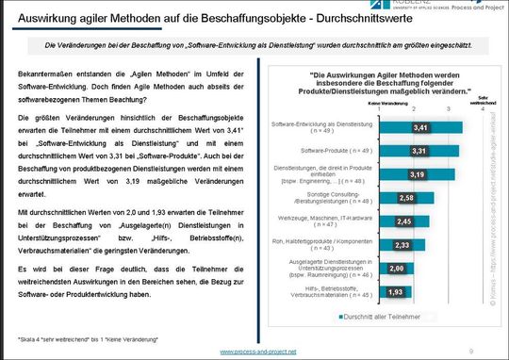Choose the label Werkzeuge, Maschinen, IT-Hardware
click(x=304, y=221)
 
